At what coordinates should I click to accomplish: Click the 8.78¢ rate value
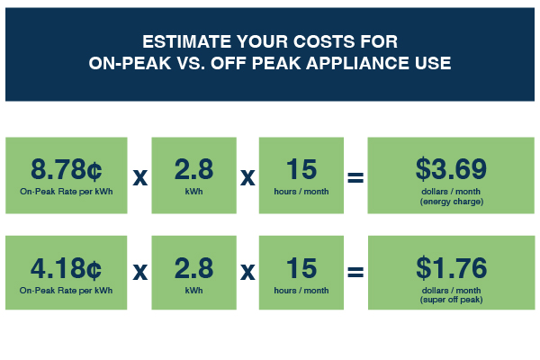[66, 169]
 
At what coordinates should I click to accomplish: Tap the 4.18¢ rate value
[66, 268]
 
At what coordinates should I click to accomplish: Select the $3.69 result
[451, 169]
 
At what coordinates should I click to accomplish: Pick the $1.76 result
[452, 268]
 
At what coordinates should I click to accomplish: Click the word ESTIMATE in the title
[186, 41]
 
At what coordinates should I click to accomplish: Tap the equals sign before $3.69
[355, 177]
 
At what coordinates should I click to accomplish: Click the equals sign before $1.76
[355, 272]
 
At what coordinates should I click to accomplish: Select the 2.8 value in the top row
[193, 169]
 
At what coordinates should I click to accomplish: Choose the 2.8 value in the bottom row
[193, 268]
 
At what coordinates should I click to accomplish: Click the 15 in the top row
[301, 169]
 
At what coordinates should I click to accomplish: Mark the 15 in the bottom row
[301, 268]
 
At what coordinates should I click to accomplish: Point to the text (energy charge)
[452, 202]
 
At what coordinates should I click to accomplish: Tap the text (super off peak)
[452, 300]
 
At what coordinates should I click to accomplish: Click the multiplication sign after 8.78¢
[140, 177]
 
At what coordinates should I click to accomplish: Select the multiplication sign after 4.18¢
[140, 272]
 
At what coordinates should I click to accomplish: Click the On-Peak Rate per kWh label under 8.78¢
[66, 192]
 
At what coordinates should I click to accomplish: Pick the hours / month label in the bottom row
[301, 291]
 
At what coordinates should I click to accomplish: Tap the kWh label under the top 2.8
[193, 192]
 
